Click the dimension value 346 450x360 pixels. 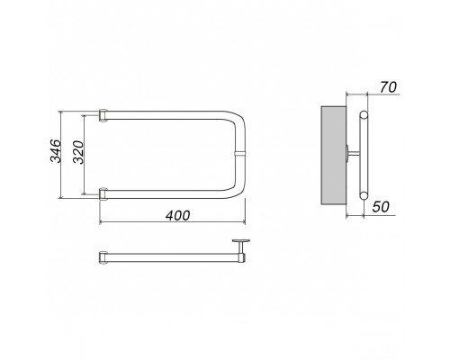pyautogui.click(x=55, y=150)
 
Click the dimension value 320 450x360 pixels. pyautogui.click(x=78, y=152)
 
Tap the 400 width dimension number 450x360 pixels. pyautogui.click(x=178, y=215)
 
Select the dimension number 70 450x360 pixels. pyautogui.click(x=388, y=87)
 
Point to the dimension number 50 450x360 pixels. pyautogui.click(x=381, y=207)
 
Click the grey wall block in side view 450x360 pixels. pyautogui.click(x=334, y=156)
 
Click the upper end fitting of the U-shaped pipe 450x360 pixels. pyautogui.click(x=103, y=115)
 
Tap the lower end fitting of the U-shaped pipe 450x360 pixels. pyautogui.click(x=103, y=194)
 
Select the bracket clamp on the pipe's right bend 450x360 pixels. pyautogui.click(x=240, y=154)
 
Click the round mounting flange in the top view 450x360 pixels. pyautogui.click(x=241, y=240)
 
